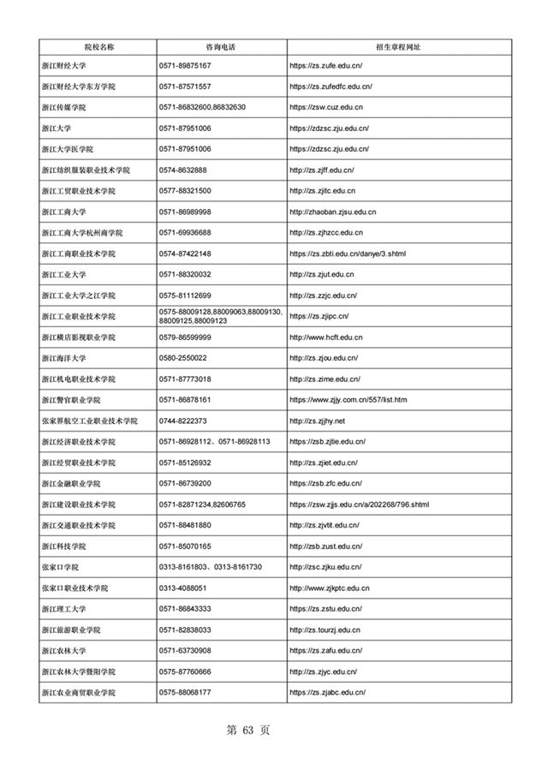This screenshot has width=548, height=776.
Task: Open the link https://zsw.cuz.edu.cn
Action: (x=326, y=107)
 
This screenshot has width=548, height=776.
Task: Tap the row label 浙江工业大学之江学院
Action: (x=79, y=295)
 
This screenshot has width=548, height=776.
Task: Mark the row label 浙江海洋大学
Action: (x=64, y=358)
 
